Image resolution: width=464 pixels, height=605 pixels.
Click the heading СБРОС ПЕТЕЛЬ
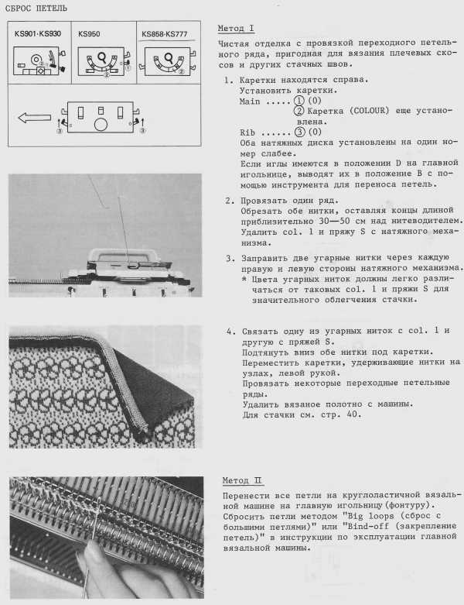(36, 9)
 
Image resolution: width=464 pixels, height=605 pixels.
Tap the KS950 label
(90, 34)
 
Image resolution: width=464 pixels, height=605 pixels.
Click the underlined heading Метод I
(236, 29)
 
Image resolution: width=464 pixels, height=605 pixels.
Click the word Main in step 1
(251, 101)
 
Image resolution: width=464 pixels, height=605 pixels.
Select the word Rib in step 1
(247, 132)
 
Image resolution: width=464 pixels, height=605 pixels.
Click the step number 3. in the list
(229, 257)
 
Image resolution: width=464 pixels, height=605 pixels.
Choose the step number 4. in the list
(229, 331)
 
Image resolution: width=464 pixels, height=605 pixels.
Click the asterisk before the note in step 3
(244, 278)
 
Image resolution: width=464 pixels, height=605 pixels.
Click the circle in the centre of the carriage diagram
(101, 123)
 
